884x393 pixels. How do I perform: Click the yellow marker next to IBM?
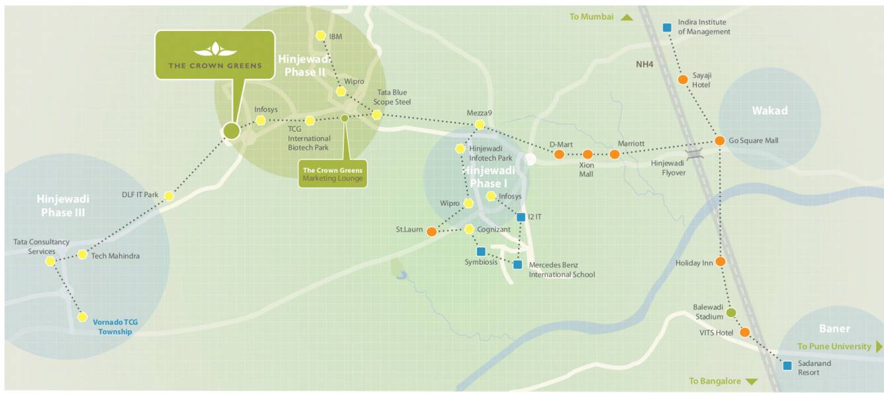pos(321,36)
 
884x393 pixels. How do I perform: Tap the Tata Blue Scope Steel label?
pos(392,97)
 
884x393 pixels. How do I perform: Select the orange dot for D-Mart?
pos(558,154)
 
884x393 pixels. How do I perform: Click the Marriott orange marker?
pos(614,154)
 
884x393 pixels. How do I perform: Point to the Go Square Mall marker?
pos(719,141)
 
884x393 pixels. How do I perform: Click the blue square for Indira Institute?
pos(667,28)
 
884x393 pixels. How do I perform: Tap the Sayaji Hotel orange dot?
pos(683,80)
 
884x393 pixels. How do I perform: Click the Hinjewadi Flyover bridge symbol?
pos(693,154)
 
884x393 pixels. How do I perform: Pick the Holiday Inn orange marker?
pos(720,262)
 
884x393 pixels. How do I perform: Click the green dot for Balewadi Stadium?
pos(731,312)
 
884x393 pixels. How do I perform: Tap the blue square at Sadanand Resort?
pos(787,365)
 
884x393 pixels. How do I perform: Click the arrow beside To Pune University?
pos(879,347)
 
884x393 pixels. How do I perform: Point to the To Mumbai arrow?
pos(627,17)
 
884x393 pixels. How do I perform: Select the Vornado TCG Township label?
pos(115,327)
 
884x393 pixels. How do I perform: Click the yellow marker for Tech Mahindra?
pos(83,255)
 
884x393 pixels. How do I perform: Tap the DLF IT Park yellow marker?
pos(169,196)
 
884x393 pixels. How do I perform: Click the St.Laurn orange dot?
pos(431,232)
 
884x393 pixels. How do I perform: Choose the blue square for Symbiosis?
pos(481,251)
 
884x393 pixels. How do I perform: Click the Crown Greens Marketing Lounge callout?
pos(332,174)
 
